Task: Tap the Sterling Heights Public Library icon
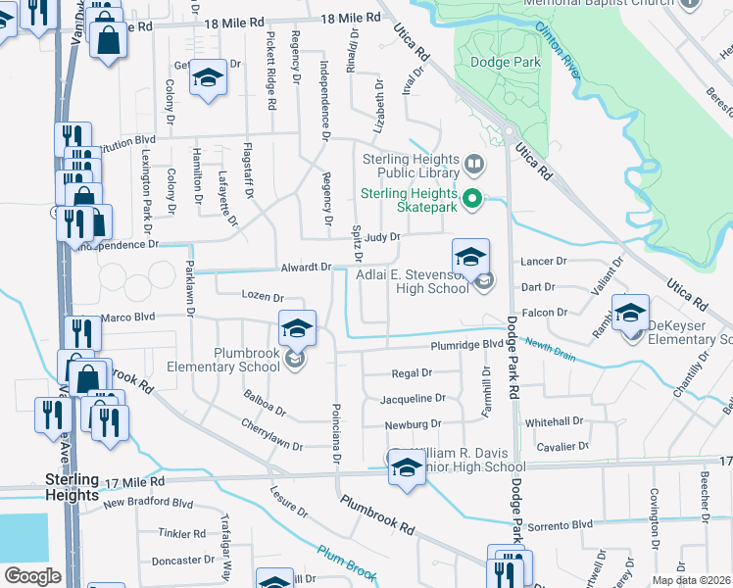pyautogui.click(x=474, y=163)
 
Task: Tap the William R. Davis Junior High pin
pyautogui.click(x=406, y=467)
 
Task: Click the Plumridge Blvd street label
pyautogui.click(x=466, y=346)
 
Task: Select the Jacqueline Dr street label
pyautogui.click(x=413, y=399)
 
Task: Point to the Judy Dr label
pyautogui.click(x=382, y=237)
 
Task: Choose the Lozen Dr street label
pyautogui.click(x=263, y=297)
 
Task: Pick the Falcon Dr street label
pyautogui.click(x=546, y=313)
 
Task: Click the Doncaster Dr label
pyautogui.click(x=183, y=562)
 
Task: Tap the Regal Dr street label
pyautogui.click(x=412, y=373)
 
